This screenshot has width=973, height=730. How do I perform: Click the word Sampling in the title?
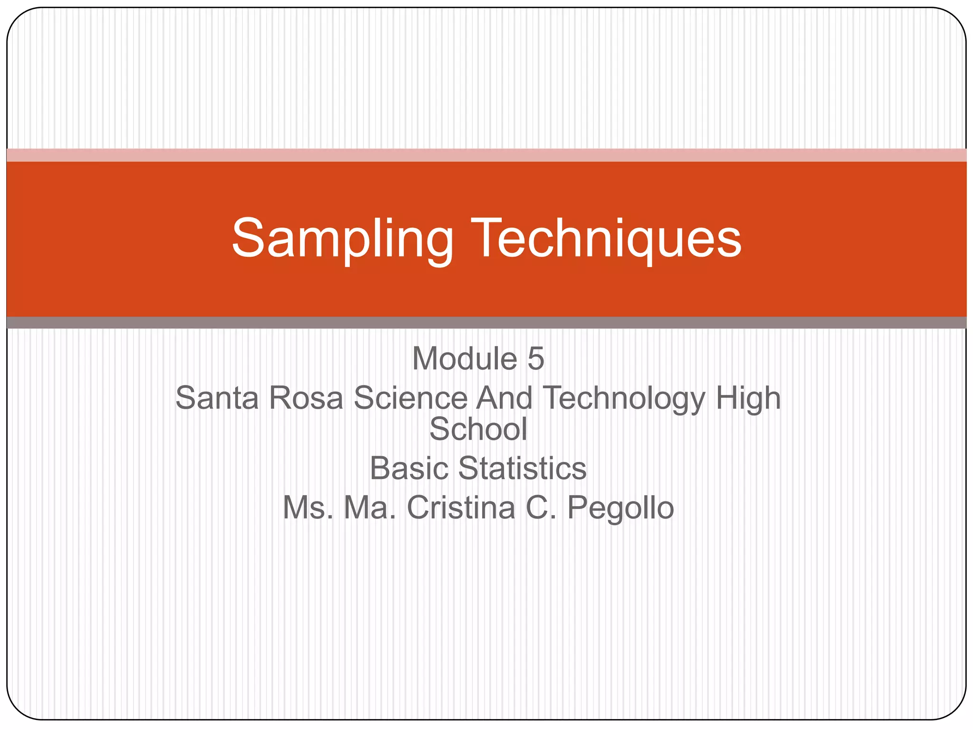[342, 239]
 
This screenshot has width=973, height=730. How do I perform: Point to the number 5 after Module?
[535, 359]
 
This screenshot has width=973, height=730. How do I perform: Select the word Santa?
[217, 398]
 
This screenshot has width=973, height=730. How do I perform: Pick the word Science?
[410, 398]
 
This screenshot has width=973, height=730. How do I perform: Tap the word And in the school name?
[505, 398]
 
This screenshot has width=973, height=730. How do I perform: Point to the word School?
[478, 429]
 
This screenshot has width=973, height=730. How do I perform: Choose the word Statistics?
[522, 469]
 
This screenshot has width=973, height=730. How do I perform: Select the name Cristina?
[461, 508]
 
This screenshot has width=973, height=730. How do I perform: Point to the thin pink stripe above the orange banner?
[486, 155]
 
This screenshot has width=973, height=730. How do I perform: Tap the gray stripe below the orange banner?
[486, 323]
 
